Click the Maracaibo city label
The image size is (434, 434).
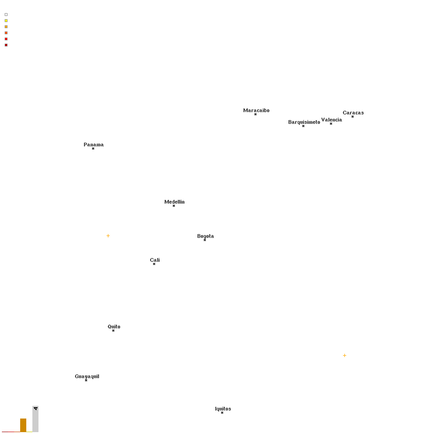click(x=256, y=110)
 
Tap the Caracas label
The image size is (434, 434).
click(x=353, y=113)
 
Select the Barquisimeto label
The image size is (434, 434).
click(x=304, y=122)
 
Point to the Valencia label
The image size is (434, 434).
click(x=332, y=120)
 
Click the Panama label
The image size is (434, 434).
click(x=93, y=145)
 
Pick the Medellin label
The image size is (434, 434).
click(x=175, y=202)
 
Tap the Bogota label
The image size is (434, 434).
click(x=206, y=236)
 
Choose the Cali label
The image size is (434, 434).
click(x=155, y=260)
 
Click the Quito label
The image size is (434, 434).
click(x=114, y=327)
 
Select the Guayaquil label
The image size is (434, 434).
click(x=87, y=376)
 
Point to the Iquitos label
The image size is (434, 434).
click(x=223, y=409)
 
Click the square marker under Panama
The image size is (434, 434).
click(x=93, y=149)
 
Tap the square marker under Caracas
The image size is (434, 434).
click(x=352, y=117)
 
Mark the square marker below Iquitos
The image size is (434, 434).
click(x=222, y=413)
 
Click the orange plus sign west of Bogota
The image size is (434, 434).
click(x=108, y=236)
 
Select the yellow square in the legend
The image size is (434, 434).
click(x=6, y=21)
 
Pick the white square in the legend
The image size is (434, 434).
click(x=6, y=15)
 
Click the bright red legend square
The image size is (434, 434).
click(x=6, y=39)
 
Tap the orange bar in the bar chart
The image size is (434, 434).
click(x=23, y=425)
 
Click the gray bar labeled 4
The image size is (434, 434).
click(x=36, y=419)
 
